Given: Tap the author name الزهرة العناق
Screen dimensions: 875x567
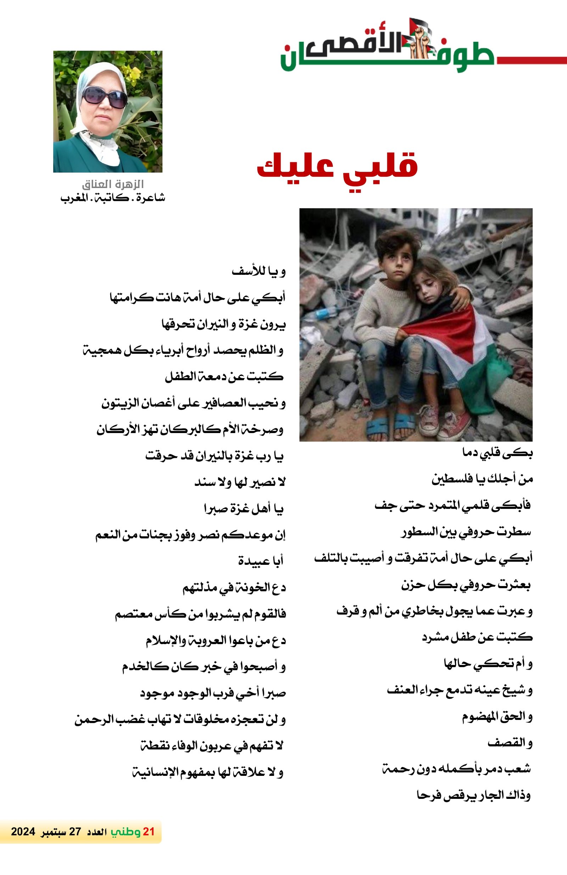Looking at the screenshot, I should (x=113, y=184).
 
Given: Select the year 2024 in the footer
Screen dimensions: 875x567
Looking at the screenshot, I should (x=23, y=831).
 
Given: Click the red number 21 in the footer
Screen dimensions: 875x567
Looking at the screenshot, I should (x=148, y=831).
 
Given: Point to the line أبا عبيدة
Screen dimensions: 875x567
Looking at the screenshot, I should (x=260, y=561).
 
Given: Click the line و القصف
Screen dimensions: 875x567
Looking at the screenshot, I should (x=510, y=743).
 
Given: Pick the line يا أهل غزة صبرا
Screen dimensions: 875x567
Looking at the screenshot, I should (x=243, y=509).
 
